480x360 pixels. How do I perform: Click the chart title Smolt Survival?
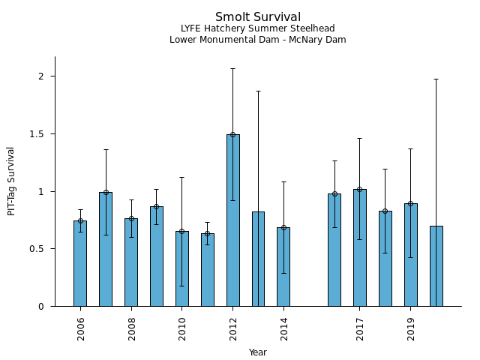point(258,17)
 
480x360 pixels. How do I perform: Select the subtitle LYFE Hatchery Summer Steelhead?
point(258,28)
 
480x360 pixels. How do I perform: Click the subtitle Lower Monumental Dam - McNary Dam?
point(258,40)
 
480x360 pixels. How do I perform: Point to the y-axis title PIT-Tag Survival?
point(11,181)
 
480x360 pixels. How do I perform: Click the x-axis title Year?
point(258,352)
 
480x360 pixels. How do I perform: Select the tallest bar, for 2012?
point(233,220)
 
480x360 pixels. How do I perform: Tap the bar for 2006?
point(80,263)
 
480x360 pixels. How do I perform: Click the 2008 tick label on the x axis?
point(131,328)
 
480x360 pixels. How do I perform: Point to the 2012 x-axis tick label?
point(233,328)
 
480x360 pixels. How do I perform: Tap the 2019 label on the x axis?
point(411,328)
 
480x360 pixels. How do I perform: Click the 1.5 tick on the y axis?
point(39,133)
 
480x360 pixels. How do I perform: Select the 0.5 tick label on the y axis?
point(39,249)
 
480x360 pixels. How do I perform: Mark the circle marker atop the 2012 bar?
point(233,135)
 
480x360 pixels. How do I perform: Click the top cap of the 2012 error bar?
point(233,68)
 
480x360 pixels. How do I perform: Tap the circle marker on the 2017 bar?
point(360,189)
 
